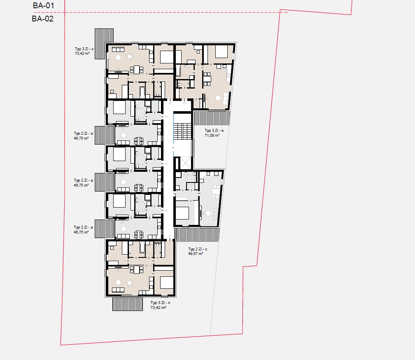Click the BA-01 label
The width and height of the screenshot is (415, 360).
(x=43, y=5)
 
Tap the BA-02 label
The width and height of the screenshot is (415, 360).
(x=43, y=19)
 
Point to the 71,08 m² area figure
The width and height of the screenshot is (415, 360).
(x=212, y=136)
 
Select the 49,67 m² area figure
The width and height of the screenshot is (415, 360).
(x=196, y=254)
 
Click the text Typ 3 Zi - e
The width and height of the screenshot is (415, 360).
(x=214, y=131)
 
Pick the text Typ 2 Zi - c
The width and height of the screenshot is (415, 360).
(x=198, y=249)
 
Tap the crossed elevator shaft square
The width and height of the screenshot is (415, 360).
(x=186, y=163)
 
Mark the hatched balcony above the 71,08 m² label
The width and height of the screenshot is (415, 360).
(x=212, y=118)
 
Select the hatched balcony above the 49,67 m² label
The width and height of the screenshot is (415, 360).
(x=198, y=234)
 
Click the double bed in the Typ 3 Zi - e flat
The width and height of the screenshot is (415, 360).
(x=221, y=51)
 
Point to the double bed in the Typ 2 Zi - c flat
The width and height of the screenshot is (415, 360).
(x=182, y=213)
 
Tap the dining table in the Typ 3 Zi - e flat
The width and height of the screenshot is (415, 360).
(x=207, y=79)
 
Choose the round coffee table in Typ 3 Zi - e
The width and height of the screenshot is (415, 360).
(x=218, y=98)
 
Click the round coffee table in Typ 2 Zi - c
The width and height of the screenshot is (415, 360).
(x=208, y=213)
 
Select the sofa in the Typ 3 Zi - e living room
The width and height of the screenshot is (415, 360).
(x=226, y=98)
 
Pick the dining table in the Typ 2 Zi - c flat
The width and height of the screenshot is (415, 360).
(x=216, y=191)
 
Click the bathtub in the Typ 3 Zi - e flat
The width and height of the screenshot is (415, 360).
(x=178, y=71)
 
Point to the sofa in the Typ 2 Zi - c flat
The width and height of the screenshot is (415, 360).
(x=216, y=214)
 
